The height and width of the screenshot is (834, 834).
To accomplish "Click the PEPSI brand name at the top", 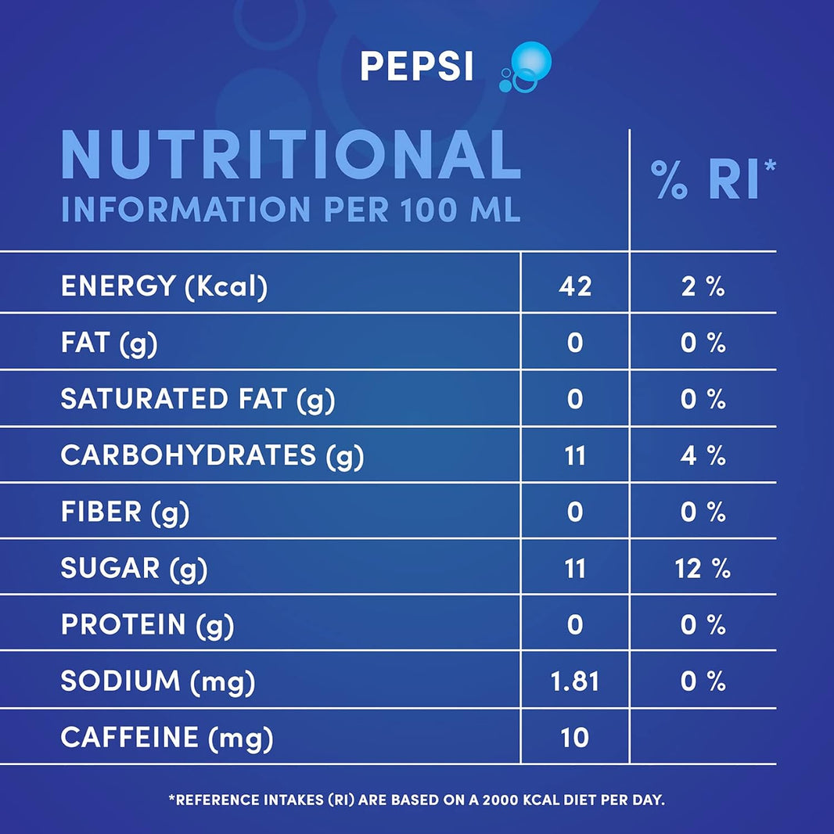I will click(416, 67).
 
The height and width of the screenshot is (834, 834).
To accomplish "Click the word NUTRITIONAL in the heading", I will click(290, 156).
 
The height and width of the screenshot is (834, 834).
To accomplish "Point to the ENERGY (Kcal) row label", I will click(164, 286).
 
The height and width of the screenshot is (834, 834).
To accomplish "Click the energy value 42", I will click(575, 286).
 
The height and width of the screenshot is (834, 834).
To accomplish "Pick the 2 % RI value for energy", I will click(703, 286).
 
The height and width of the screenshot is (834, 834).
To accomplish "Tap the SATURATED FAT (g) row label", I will click(197, 399).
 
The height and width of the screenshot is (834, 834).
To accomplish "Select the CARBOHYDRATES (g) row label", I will click(212, 455).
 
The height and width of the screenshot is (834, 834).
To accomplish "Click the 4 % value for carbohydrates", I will click(703, 455).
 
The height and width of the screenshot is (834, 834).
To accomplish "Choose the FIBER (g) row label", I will click(124, 512).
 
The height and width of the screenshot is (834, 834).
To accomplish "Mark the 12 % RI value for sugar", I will click(703, 569).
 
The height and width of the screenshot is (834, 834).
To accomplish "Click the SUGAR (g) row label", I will click(134, 569).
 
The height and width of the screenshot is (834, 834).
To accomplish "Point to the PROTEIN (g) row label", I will click(147, 625).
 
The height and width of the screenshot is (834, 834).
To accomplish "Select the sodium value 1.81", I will click(575, 681).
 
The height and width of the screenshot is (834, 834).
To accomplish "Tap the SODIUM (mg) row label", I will click(157, 681).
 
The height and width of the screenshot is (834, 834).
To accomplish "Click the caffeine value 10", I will click(575, 738).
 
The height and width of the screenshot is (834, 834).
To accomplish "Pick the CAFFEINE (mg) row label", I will click(167, 738).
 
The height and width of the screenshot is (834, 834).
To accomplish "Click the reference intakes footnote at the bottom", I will click(416, 800).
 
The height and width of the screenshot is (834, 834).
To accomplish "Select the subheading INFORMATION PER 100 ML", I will click(290, 210).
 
